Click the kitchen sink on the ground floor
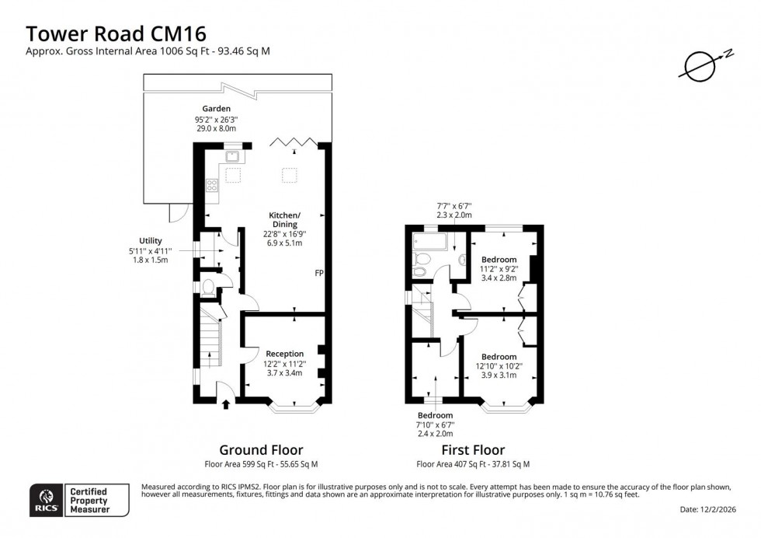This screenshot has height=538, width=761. [232, 155]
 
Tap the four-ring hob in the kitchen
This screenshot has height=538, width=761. [210, 186]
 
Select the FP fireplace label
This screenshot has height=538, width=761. [319, 274]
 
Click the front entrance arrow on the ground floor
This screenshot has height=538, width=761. [227, 403]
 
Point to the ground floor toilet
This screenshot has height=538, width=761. [207, 287]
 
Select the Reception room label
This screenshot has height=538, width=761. [285, 354]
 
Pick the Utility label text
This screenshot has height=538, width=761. [151, 241]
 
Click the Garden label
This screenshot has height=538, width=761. [216, 109]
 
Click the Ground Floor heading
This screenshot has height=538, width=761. [261, 450]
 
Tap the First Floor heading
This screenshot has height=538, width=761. [473, 450]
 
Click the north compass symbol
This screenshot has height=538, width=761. [699, 66]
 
